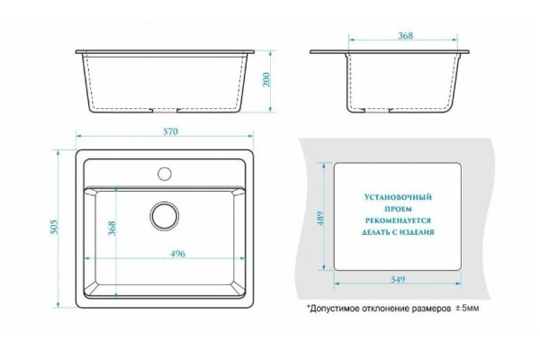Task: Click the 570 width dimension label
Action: (171, 131)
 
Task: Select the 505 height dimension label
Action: (54, 227)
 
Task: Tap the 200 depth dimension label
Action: (267, 79)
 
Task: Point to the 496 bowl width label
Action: (177, 254)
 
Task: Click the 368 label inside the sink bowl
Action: (112, 228)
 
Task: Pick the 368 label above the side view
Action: (405, 35)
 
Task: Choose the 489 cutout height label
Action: (320, 219)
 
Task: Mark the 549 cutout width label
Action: (398, 280)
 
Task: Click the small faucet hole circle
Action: (165, 174)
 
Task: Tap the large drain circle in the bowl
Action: (165, 216)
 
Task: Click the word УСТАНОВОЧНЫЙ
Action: (398, 197)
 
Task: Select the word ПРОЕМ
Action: (398, 209)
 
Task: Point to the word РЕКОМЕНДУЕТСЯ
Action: (398, 220)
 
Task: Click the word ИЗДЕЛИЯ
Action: (418, 232)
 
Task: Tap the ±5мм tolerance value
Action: (467, 309)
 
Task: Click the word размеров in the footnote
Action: (431, 309)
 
